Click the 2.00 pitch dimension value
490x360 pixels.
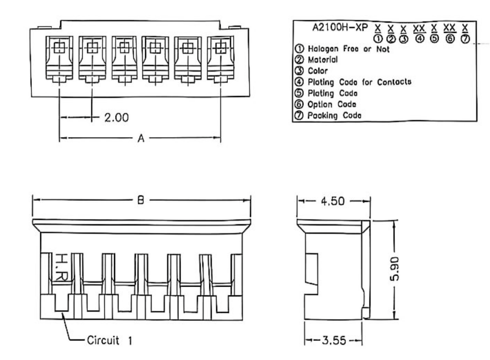point(116,118)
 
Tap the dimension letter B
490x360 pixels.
point(141,200)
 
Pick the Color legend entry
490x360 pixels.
point(318,71)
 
